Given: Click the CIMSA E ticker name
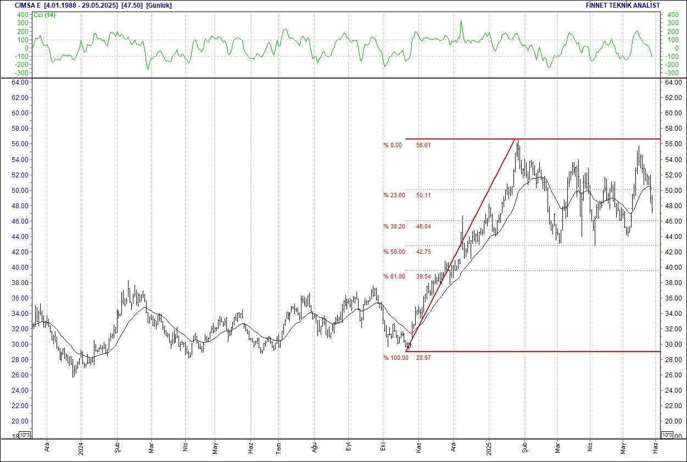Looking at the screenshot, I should (28, 5).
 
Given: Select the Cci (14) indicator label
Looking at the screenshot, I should (44, 15).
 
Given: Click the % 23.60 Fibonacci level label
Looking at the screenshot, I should (394, 195).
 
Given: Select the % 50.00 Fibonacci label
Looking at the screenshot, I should (394, 252).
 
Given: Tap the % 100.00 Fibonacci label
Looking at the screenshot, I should (395, 358).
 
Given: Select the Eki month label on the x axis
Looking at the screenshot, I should (382, 447).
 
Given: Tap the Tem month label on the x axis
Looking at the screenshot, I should (278, 447).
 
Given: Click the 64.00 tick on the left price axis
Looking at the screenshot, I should (20, 82).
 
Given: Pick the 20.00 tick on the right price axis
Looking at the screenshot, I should (673, 421).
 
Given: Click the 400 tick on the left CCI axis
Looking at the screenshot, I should (23, 15).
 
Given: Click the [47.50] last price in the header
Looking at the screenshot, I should (131, 5).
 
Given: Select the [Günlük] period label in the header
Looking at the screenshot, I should (159, 5).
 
